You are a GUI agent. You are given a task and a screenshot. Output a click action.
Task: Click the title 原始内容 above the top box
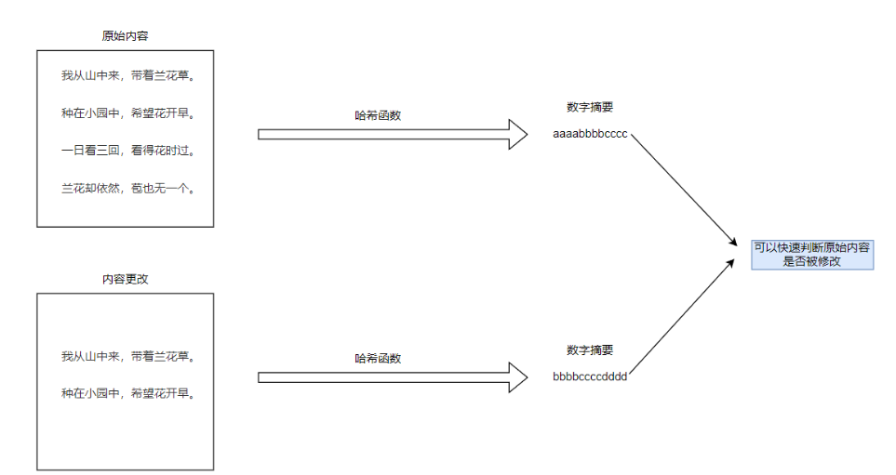coord(125,36)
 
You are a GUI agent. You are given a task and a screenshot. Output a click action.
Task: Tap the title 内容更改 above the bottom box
coord(125,280)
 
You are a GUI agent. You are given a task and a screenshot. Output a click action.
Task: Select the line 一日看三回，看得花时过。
coord(125,151)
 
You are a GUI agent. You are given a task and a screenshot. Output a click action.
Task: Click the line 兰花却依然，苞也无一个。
coord(125,189)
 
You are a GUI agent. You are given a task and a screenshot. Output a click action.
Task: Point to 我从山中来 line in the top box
coord(125,75)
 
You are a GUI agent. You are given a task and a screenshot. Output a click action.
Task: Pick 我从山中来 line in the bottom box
coord(125,356)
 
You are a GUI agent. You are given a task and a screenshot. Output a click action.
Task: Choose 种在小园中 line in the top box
coord(125,113)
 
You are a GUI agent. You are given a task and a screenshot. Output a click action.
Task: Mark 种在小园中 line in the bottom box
coord(125,393)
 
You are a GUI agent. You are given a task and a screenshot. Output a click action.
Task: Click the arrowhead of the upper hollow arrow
coord(517,134)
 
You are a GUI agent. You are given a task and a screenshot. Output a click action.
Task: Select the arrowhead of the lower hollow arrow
coord(517,377)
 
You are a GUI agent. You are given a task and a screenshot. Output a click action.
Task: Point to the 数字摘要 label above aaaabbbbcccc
coord(590,108)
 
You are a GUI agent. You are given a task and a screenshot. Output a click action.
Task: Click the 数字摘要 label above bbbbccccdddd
coord(590,350)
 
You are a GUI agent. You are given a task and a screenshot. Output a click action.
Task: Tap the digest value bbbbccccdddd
coord(590,376)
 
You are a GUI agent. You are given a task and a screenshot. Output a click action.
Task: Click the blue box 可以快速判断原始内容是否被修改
coord(811,255)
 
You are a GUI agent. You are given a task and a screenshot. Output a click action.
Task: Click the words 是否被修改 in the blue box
coord(811,262)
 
